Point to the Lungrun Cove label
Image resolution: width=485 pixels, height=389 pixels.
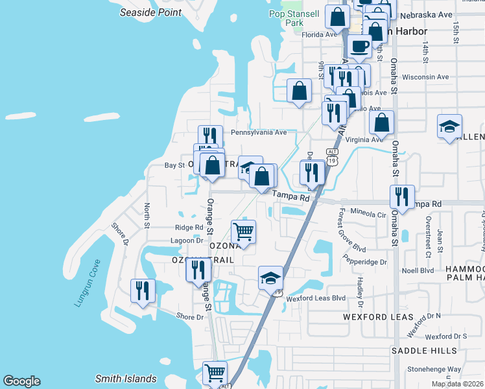tap(88, 283)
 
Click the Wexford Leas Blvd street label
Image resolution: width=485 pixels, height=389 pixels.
tap(316, 298)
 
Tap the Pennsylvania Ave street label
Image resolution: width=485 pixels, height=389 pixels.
tap(259, 132)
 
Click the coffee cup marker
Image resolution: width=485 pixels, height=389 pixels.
tap(360, 47)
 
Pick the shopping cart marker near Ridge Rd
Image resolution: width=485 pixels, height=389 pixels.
tap(243, 231)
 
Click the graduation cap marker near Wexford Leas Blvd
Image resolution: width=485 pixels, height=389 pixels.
tap(270, 279)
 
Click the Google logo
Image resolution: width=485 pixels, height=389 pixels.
tap(21, 381)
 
